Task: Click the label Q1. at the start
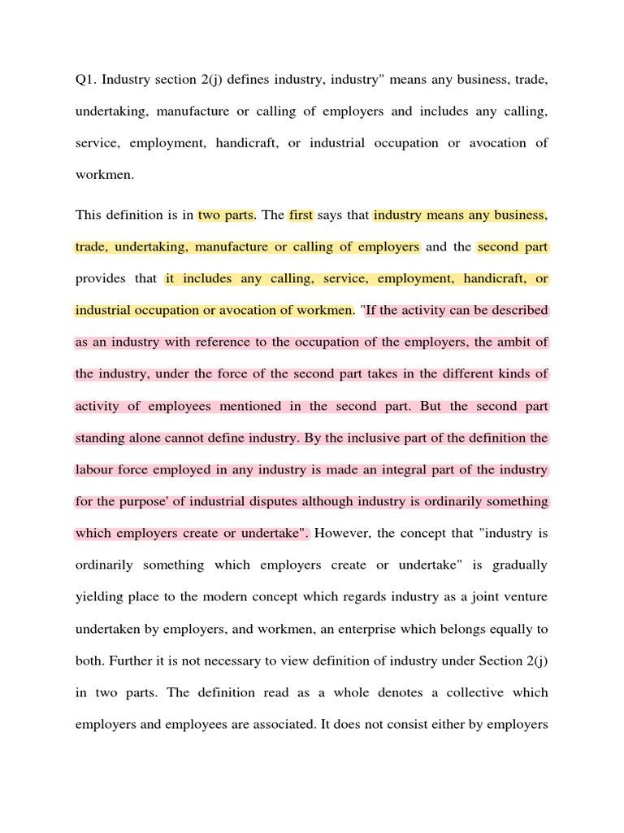[x=85, y=79]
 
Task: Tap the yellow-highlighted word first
[x=301, y=215]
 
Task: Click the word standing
[x=100, y=438]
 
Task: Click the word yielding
[x=98, y=596]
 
